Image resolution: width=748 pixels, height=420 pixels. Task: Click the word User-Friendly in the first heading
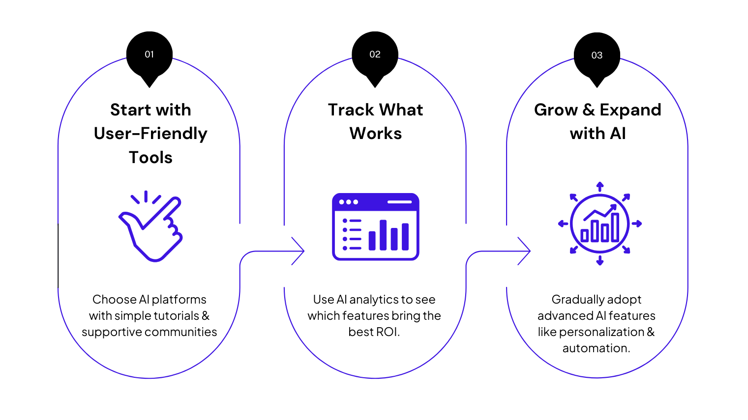(x=150, y=134)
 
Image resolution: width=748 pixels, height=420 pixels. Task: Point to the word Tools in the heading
(x=150, y=158)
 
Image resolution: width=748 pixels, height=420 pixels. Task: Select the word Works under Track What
(x=376, y=134)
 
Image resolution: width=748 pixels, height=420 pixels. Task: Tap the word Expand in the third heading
(x=630, y=110)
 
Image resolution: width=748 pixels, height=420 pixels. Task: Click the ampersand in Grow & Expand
(x=589, y=110)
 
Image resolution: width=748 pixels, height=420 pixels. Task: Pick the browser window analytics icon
(x=376, y=226)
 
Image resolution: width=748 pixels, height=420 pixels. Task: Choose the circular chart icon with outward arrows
(x=599, y=224)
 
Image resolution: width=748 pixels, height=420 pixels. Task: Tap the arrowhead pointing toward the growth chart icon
(x=525, y=251)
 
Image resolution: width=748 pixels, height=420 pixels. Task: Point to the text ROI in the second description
(x=388, y=332)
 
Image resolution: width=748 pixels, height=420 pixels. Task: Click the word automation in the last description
(x=595, y=348)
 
